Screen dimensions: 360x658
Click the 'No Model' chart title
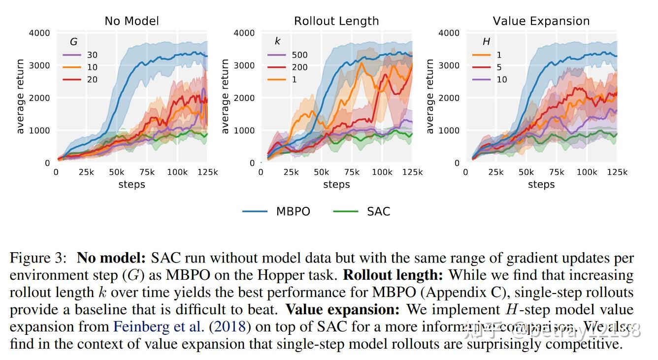tap(132, 21)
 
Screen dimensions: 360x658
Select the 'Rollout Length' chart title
tap(336, 21)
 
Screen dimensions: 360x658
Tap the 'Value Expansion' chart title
tap(541, 21)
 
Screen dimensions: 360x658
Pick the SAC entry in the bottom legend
tap(378, 211)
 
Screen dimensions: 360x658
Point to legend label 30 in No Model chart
tap(92, 55)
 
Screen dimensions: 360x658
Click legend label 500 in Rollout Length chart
tap(299, 55)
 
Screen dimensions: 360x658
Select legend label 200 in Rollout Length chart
tap(299, 67)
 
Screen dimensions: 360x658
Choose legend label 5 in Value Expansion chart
tap(499, 67)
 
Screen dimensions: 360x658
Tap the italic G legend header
tap(74, 42)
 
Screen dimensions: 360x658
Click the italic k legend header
tap(278, 42)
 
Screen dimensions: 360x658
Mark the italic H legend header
tap(486, 42)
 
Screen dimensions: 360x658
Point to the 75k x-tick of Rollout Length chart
tap(352, 172)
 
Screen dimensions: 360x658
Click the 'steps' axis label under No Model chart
tap(132, 185)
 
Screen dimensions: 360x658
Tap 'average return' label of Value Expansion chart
tap(430, 97)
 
